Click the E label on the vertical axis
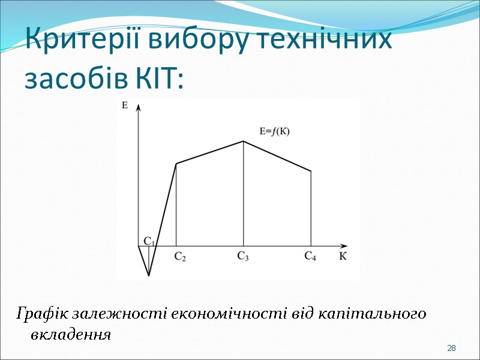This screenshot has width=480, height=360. pyautogui.click(x=125, y=106)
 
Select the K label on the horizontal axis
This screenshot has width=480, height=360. pyautogui.click(x=343, y=256)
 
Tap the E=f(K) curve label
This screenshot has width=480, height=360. pyautogui.click(x=274, y=131)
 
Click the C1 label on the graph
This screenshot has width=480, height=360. pyautogui.click(x=149, y=241)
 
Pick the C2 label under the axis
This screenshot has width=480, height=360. pyautogui.click(x=180, y=257)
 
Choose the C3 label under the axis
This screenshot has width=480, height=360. pyautogui.click(x=243, y=256)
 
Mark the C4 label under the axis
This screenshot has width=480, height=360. pyautogui.click(x=310, y=256)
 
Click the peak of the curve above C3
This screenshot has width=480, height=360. pyautogui.click(x=243, y=142)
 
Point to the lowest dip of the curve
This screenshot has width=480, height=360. pyautogui.click(x=149, y=276)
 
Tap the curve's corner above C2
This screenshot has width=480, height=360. pyautogui.click(x=176, y=163)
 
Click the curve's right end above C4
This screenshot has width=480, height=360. pyautogui.click(x=311, y=172)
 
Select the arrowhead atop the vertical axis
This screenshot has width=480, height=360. pyautogui.click(x=139, y=107)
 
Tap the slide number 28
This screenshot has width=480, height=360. pyautogui.click(x=452, y=349)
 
